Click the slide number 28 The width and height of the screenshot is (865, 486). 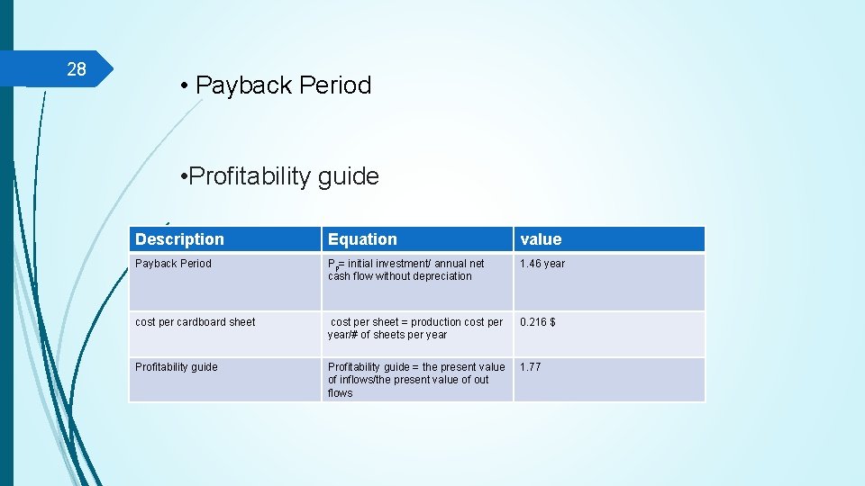click(77, 69)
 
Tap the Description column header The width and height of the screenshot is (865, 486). click(179, 239)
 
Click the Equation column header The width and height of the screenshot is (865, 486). click(362, 239)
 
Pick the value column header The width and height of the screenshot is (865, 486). click(541, 239)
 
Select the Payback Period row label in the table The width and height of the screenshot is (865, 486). click(173, 264)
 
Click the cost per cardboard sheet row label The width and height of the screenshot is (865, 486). click(195, 322)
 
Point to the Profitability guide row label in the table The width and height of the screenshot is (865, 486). click(176, 367)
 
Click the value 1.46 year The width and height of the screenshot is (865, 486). click(542, 264)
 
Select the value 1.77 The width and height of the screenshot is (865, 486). click(531, 367)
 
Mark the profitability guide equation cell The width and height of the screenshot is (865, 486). click(416, 380)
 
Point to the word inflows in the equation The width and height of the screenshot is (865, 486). click(351, 380)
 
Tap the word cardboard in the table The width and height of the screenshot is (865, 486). click(206, 322)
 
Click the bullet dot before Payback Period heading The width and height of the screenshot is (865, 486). click(183, 86)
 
